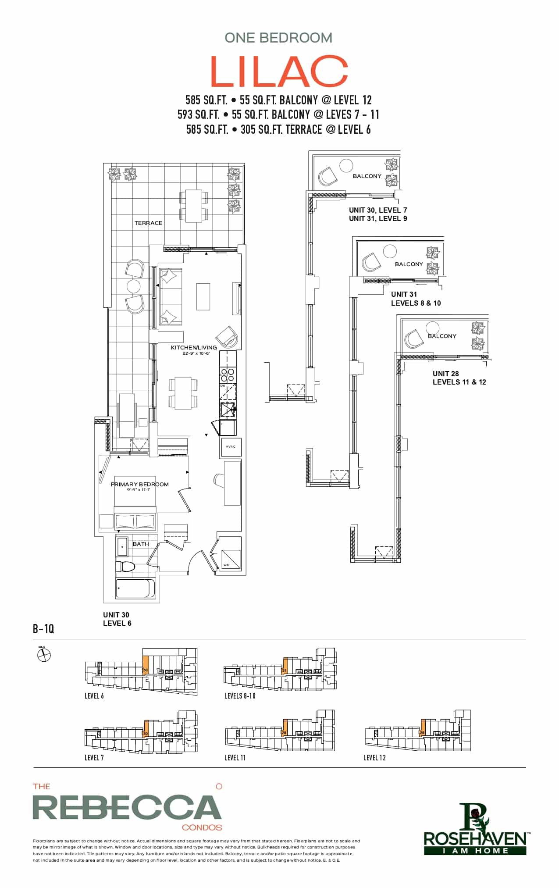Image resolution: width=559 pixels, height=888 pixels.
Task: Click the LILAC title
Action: (x=279, y=71)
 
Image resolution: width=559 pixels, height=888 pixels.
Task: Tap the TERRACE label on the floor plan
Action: (x=148, y=223)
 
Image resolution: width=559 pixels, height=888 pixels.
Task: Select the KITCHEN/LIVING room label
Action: (x=193, y=347)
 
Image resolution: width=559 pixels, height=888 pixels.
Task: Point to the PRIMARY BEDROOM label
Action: (x=139, y=484)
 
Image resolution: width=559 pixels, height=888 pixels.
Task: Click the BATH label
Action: (x=141, y=544)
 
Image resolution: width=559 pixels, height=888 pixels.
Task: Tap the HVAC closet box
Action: (x=231, y=447)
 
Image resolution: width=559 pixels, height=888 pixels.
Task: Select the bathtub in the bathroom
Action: (x=135, y=588)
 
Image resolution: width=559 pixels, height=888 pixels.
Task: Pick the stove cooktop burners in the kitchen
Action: (x=227, y=375)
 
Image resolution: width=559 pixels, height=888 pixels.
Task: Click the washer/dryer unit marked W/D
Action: (x=231, y=559)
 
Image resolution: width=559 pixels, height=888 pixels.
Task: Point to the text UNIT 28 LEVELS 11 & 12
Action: (x=459, y=378)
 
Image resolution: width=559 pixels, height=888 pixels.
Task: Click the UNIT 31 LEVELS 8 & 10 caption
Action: (x=416, y=299)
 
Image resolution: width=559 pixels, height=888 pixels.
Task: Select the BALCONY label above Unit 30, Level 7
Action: (x=367, y=176)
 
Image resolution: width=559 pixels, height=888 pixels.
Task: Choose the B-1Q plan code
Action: (x=43, y=629)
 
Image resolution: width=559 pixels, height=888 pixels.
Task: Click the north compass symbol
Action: (x=44, y=655)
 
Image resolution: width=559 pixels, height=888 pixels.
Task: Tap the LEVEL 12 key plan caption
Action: (x=374, y=758)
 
